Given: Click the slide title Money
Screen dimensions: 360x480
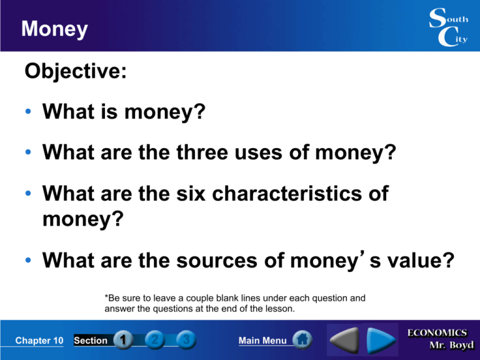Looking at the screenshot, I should (54, 29).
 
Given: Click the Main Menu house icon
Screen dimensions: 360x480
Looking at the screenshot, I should (302, 341).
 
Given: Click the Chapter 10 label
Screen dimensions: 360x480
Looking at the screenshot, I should (39, 341).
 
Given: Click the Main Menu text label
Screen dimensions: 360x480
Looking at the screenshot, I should (262, 341).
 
